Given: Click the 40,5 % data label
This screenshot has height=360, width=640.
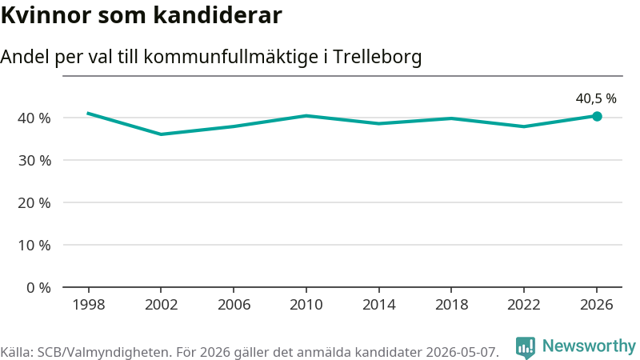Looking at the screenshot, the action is pyautogui.click(x=596, y=98).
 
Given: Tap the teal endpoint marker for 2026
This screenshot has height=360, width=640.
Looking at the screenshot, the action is pyautogui.click(x=597, y=116).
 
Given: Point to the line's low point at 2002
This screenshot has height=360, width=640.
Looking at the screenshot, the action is pyautogui.click(x=162, y=134).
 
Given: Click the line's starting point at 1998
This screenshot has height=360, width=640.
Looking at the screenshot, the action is pyautogui.click(x=89, y=113).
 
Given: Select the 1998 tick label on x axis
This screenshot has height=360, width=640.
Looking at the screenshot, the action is pyautogui.click(x=89, y=305).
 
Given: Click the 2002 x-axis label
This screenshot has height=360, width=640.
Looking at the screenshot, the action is pyautogui.click(x=162, y=305).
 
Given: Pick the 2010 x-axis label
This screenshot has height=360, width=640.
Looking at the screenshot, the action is pyautogui.click(x=306, y=305).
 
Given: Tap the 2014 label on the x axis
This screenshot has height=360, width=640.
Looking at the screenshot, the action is pyautogui.click(x=378, y=305).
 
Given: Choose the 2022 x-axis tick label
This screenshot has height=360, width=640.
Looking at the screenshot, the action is pyautogui.click(x=524, y=305).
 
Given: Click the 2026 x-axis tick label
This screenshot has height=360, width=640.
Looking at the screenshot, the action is pyautogui.click(x=596, y=305).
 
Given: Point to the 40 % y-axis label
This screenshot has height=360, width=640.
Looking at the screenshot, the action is pyautogui.click(x=34, y=118).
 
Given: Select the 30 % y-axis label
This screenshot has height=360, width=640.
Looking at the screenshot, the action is pyautogui.click(x=34, y=161).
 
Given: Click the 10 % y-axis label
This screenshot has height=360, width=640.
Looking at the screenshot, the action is pyautogui.click(x=34, y=246).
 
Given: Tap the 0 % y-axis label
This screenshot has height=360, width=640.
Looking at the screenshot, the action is pyautogui.click(x=38, y=288).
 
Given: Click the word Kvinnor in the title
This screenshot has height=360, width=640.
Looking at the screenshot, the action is pyautogui.click(x=46, y=15).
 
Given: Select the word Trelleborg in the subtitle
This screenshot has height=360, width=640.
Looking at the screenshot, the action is pyautogui.click(x=377, y=57).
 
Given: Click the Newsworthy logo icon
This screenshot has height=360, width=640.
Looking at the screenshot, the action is pyautogui.click(x=526, y=348).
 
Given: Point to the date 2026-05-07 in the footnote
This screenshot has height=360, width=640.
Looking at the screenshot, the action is pyautogui.click(x=462, y=352).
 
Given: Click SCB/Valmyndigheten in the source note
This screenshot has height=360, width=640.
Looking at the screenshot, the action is pyautogui.click(x=105, y=352).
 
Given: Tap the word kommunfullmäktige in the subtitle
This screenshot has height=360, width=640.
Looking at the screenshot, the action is pyautogui.click(x=231, y=57).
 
